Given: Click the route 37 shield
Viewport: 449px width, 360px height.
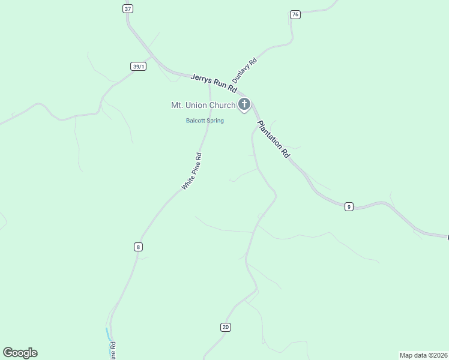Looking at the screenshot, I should pos(127,8).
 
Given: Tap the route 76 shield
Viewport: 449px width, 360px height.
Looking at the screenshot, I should pos(294,14).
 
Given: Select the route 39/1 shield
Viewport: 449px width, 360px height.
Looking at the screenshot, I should pos(138,66).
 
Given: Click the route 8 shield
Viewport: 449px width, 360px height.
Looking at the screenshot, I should pos(138,247).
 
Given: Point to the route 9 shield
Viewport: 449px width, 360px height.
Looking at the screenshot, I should pos(349,206).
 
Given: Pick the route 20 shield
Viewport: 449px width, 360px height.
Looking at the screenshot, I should pos(225,327).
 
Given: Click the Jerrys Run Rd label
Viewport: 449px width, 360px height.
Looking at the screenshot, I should pos(214,83).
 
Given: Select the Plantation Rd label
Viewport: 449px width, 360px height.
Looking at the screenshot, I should pos(273,139).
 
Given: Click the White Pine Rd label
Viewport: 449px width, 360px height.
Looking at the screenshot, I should pos(192,172).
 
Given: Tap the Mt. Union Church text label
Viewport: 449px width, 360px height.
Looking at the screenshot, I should pos(203,106).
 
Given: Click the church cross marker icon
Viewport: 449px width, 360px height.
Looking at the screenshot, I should pos(244,104).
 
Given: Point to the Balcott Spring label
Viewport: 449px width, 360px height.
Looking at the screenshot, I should pos(204,121).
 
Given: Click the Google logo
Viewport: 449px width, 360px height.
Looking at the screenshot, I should pos(20,353).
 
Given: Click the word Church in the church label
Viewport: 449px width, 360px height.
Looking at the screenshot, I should pos(222,106).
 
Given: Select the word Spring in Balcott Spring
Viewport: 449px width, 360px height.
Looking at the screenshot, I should pos(214,121).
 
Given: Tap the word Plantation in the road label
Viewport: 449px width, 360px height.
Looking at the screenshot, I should pos(269,134).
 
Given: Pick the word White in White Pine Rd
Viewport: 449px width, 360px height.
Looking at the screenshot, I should pos(187,182).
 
